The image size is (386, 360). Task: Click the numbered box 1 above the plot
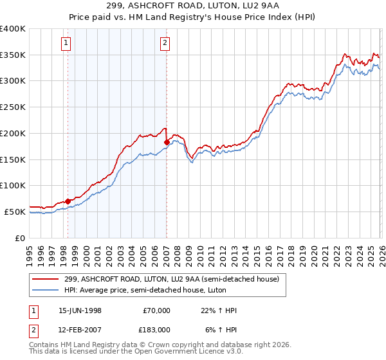(x=67, y=43)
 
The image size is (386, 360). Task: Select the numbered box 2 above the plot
(x=165, y=43)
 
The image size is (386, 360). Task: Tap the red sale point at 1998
(x=68, y=201)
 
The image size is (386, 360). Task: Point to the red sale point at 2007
(x=167, y=142)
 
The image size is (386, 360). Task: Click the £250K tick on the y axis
(x=14, y=107)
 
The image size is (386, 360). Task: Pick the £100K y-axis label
(x=14, y=185)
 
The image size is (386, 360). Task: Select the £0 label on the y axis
(x=20, y=238)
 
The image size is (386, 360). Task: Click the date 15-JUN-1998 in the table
(x=80, y=310)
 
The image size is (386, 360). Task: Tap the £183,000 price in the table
(x=156, y=329)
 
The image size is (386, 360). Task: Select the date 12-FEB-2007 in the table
(x=80, y=329)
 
